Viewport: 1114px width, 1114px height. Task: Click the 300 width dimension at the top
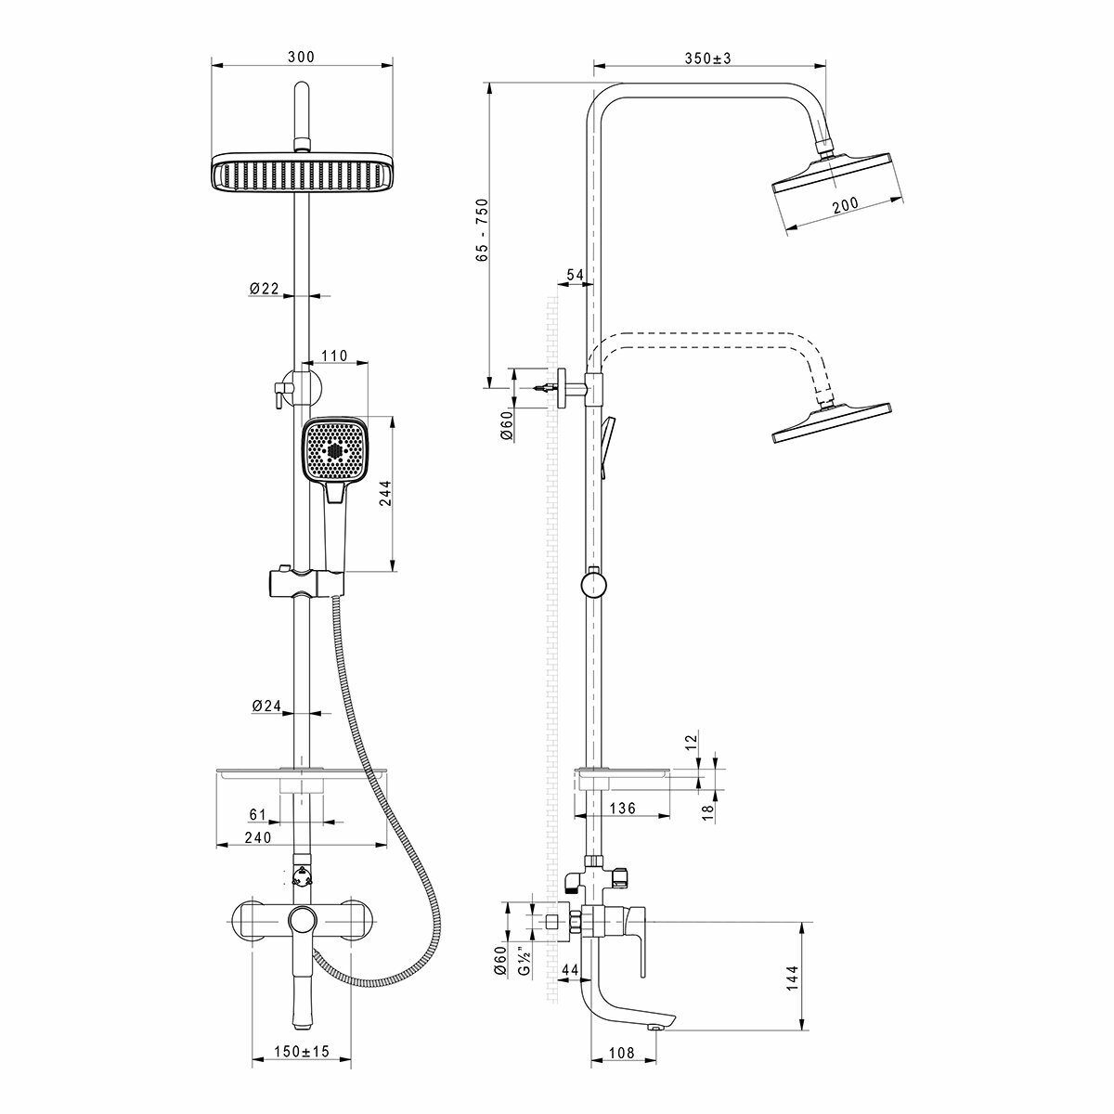click(x=301, y=57)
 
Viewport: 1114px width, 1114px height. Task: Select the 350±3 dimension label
click(x=708, y=58)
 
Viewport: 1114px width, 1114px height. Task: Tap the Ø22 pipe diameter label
click(x=264, y=289)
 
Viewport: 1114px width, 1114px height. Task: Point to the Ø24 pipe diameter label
click(x=266, y=706)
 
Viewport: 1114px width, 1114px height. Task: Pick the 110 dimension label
click(x=333, y=356)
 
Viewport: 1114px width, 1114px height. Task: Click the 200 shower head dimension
click(x=845, y=205)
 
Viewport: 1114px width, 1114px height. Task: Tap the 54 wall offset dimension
click(x=575, y=275)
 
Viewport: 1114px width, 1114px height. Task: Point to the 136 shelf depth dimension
click(x=621, y=809)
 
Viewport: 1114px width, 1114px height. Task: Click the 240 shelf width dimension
click(x=256, y=837)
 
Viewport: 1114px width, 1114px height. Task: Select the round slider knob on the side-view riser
click(x=592, y=584)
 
